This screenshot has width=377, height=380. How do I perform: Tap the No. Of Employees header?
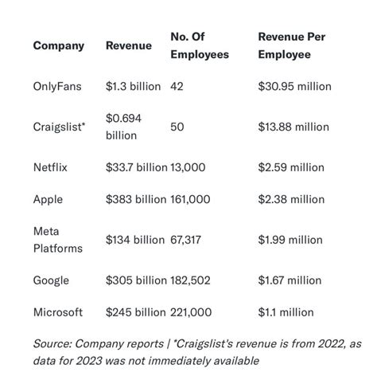(x=199, y=45)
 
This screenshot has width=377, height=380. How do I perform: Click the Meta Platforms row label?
(x=57, y=240)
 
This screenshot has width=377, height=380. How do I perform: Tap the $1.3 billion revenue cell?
(x=133, y=86)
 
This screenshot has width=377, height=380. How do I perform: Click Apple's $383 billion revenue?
(x=136, y=200)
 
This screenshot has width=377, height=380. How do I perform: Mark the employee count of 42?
(x=177, y=86)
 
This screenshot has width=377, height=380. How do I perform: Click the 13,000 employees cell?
(x=188, y=167)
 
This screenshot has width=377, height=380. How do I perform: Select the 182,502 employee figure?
(x=192, y=280)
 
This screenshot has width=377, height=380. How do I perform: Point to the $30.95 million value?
(x=294, y=86)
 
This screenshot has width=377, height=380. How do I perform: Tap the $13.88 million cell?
(x=293, y=127)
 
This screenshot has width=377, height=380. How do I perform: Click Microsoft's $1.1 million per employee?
(x=286, y=312)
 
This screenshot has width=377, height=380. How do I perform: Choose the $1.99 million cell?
(x=290, y=240)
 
